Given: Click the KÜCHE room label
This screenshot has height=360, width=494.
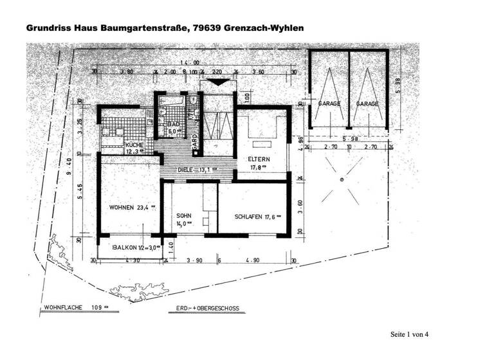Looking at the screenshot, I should click(134, 146).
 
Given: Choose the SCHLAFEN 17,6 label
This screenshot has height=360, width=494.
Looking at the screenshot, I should click(256, 216).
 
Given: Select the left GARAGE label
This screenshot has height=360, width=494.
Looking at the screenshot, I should click(329, 103).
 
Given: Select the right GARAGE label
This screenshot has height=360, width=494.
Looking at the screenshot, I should click(368, 103).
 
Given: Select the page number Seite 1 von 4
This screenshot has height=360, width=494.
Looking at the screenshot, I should click(408, 334).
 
